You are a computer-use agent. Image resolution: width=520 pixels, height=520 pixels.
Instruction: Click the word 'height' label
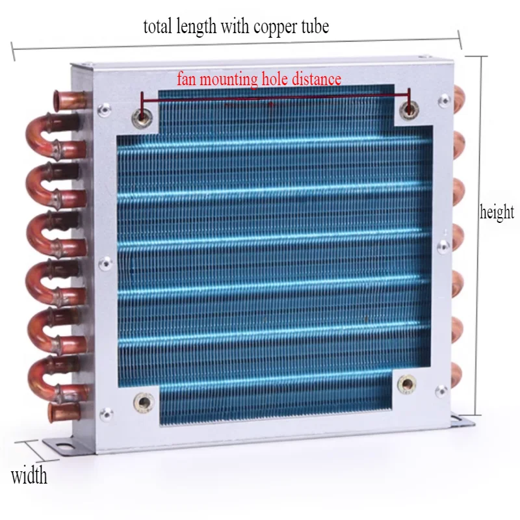[497, 213]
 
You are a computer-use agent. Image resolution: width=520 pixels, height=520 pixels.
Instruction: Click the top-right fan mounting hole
[408, 109]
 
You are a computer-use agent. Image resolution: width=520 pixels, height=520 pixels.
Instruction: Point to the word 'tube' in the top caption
[314, 27]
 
